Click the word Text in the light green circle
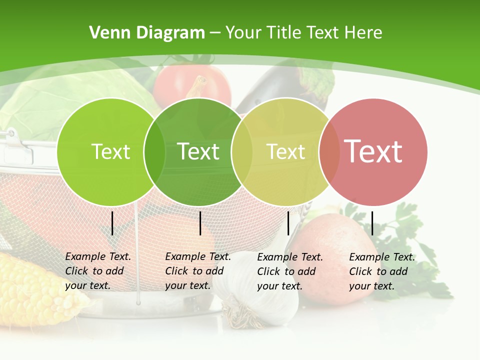[110, 151]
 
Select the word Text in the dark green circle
[198, 151]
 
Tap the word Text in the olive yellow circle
[285, 151]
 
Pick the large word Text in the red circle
[373, 151]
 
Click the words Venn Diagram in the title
[147, 33]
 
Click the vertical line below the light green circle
[112, 223]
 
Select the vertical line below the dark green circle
[200, 223]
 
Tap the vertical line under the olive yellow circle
[288, 223]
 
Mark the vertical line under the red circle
[372, 223]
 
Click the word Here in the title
[363, 33]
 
